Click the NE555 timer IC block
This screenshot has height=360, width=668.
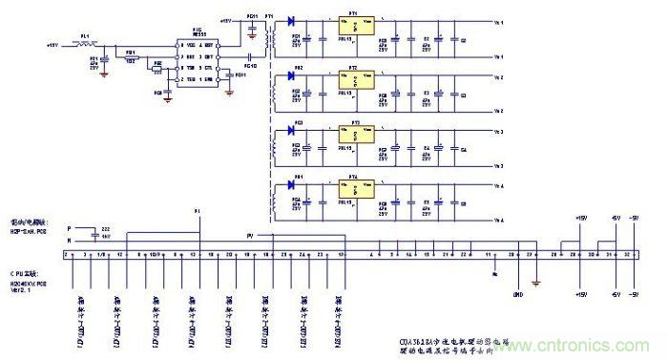coord(201,58)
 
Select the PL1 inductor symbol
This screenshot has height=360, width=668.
coord(87,44)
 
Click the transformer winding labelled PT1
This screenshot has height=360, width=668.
coord(273,38)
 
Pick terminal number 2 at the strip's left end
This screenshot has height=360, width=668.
coord(66,256)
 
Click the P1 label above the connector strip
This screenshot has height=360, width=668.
coord(198,210)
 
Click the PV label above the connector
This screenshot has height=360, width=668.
coord(250,234)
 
